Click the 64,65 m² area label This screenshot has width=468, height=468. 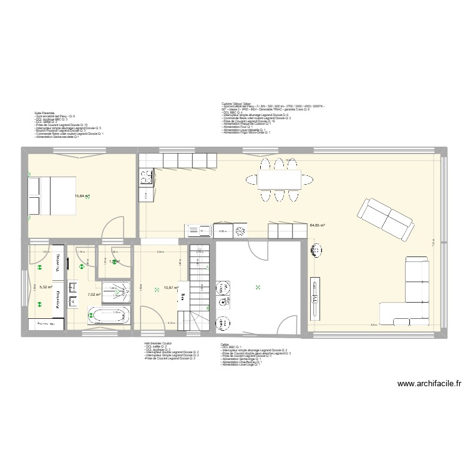coord(318,225)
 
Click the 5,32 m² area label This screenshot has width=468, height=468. coord(46,288)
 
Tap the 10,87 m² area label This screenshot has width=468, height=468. coord(170,288)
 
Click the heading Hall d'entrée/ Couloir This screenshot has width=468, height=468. coord(157,343)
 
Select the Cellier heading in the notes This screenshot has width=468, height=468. coord(224,343)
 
